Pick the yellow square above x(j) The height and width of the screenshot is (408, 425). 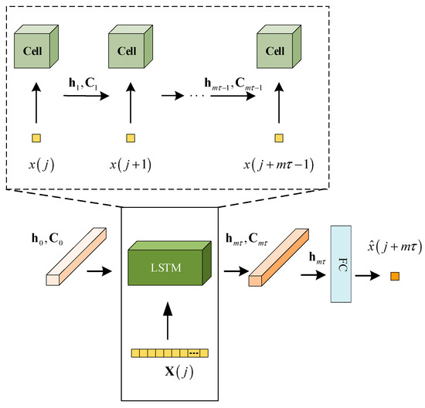coord(35,138)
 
